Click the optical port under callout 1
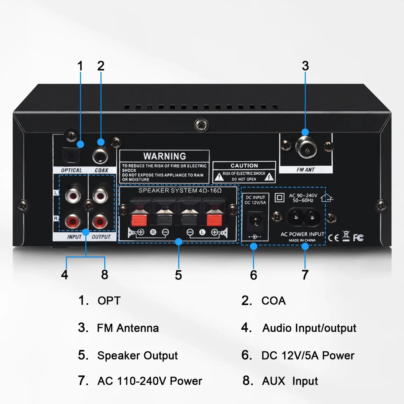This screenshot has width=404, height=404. point(71,156)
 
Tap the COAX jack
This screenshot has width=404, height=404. point(100,156)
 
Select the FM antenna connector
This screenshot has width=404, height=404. point(306,148)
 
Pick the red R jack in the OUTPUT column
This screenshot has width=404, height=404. point(100,221)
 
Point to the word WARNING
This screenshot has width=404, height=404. point(165,156)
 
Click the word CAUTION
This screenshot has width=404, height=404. point(244,166)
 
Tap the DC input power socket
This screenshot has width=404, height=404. point(255,220)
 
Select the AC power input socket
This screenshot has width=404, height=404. point(303,216)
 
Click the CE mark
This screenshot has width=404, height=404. point(333,238)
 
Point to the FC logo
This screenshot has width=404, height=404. point(358,238)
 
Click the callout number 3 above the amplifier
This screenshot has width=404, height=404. point(305,66)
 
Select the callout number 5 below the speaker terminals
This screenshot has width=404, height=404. point(178,275)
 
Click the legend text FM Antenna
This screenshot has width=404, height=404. point(128,328)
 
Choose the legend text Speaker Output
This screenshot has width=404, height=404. point(137,356)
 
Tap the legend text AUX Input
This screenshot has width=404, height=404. point(290,381)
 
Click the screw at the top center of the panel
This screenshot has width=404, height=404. point(201,125)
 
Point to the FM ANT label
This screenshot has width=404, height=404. point(306,170)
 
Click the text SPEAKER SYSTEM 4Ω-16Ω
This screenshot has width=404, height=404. point(180,191)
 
